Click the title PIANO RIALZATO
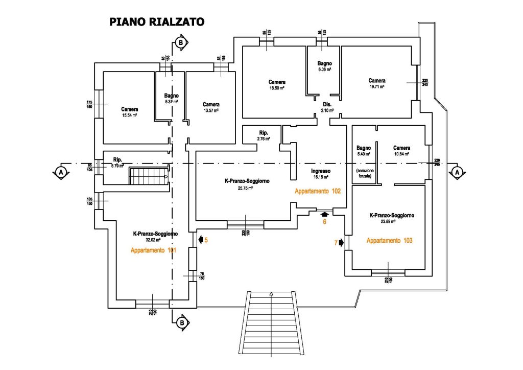pos(157,22)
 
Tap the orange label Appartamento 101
pos(154,250)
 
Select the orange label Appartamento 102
pos(317,191)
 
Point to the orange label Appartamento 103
pos(389,240)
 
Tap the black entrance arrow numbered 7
pos(341,243)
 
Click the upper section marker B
pos(180,43)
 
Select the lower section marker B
pos(181,322)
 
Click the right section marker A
pos(457,172)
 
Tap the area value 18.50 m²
pos(277,88)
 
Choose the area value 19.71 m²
pos(377,86)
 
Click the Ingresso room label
pos(321,171)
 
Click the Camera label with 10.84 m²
pos(402,148)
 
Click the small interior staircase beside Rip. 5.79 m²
pos(149,177)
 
